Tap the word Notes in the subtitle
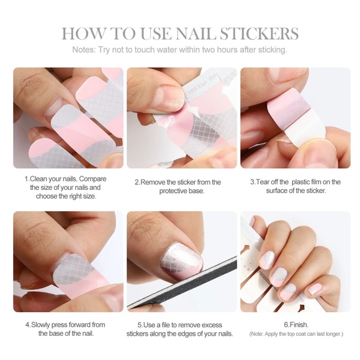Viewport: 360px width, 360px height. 84,50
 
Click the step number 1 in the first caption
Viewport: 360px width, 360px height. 27,179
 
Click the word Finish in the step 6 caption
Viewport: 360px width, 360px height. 298,325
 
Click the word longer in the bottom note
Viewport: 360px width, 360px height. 331,334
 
